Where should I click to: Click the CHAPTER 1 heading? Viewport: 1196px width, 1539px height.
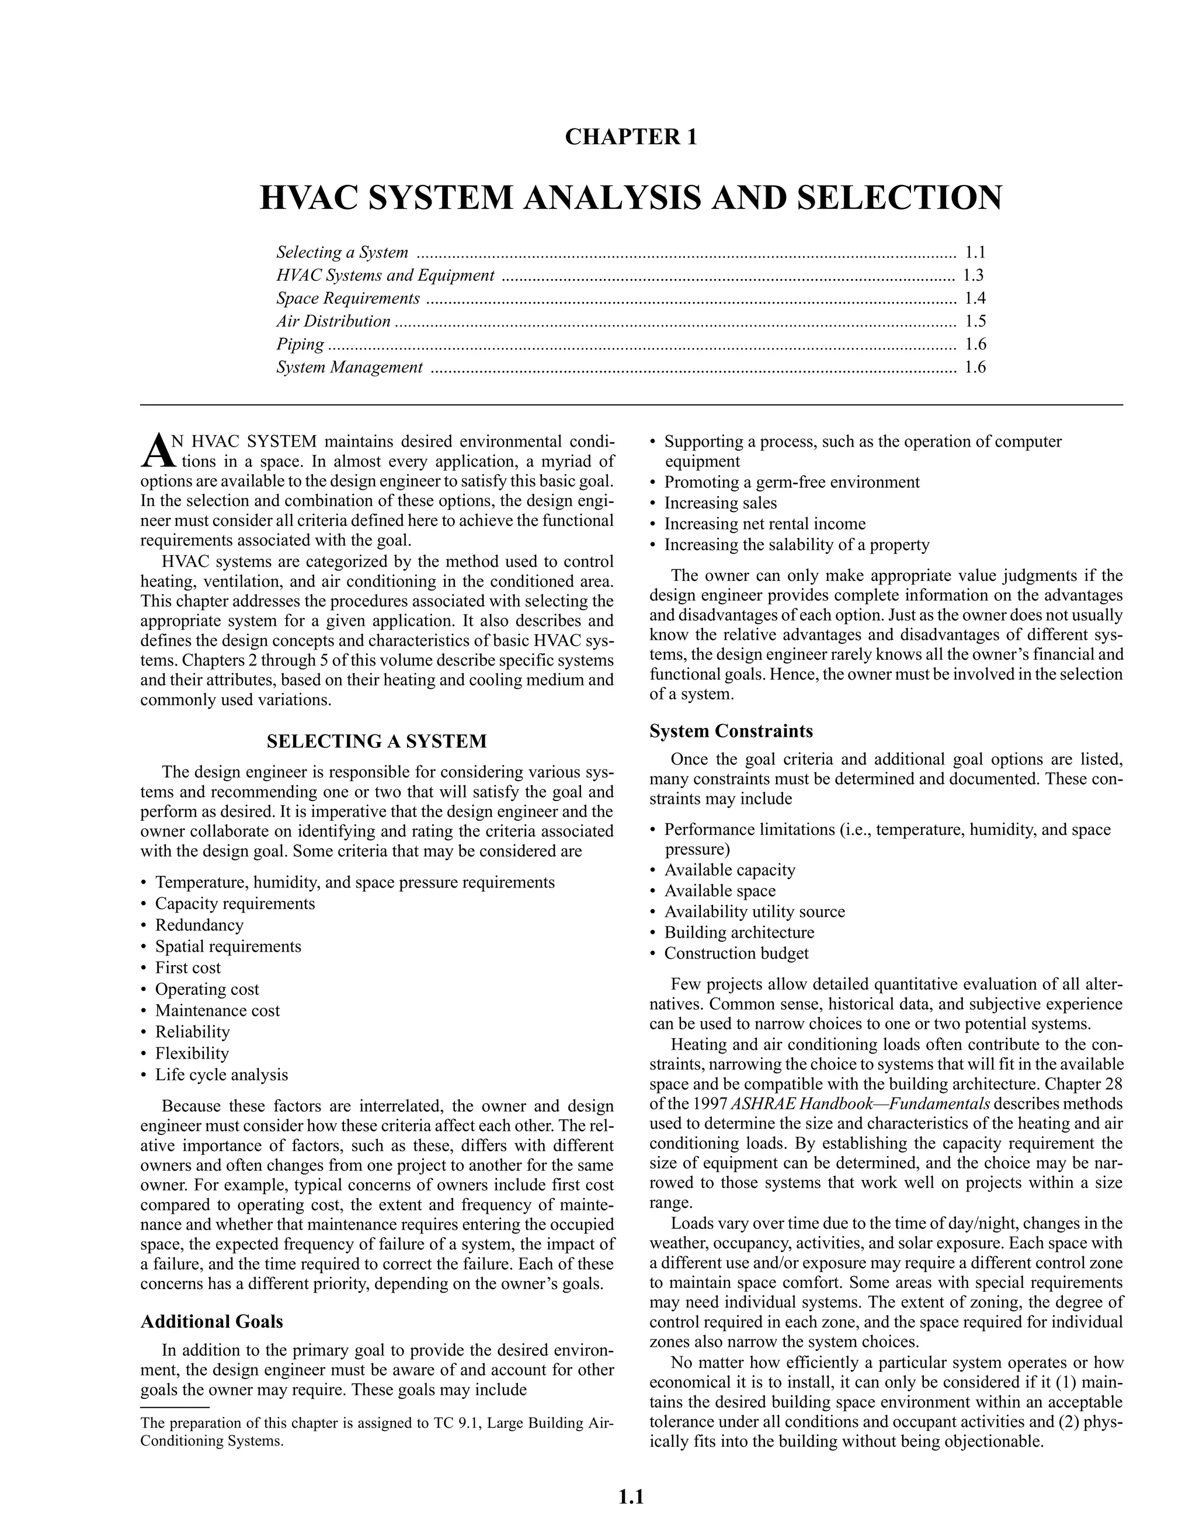[x=631, y=137]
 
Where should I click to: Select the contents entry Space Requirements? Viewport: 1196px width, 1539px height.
[x=348, y=299]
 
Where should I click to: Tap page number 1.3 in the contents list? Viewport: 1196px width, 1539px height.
[x=974, y=276]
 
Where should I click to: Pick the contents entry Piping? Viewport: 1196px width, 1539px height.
[x=300, y=344]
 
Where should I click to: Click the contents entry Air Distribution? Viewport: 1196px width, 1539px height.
[x=333, y=321]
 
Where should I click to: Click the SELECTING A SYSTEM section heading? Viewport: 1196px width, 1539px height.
[x=376, y=741]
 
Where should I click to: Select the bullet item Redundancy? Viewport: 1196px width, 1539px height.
[x=200, y=925]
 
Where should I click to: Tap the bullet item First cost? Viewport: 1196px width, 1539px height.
[x=188, y=967]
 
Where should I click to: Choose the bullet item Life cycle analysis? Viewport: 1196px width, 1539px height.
[x=221, y=1075]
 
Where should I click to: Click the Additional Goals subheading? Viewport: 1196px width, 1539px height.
[x=211, y=1321]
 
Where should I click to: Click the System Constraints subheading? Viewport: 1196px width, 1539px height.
[x=731, y=731]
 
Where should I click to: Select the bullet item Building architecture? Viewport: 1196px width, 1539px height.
[x=739, y=932]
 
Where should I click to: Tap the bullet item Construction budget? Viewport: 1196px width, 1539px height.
[x=736, y=953]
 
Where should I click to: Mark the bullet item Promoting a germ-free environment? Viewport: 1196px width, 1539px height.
[x=792, y=482]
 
